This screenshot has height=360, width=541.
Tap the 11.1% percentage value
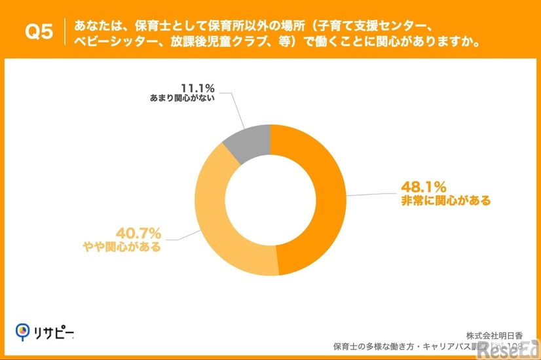[197, 88]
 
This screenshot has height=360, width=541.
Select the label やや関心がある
[122, 247]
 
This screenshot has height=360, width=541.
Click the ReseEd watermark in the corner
[508, 351]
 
